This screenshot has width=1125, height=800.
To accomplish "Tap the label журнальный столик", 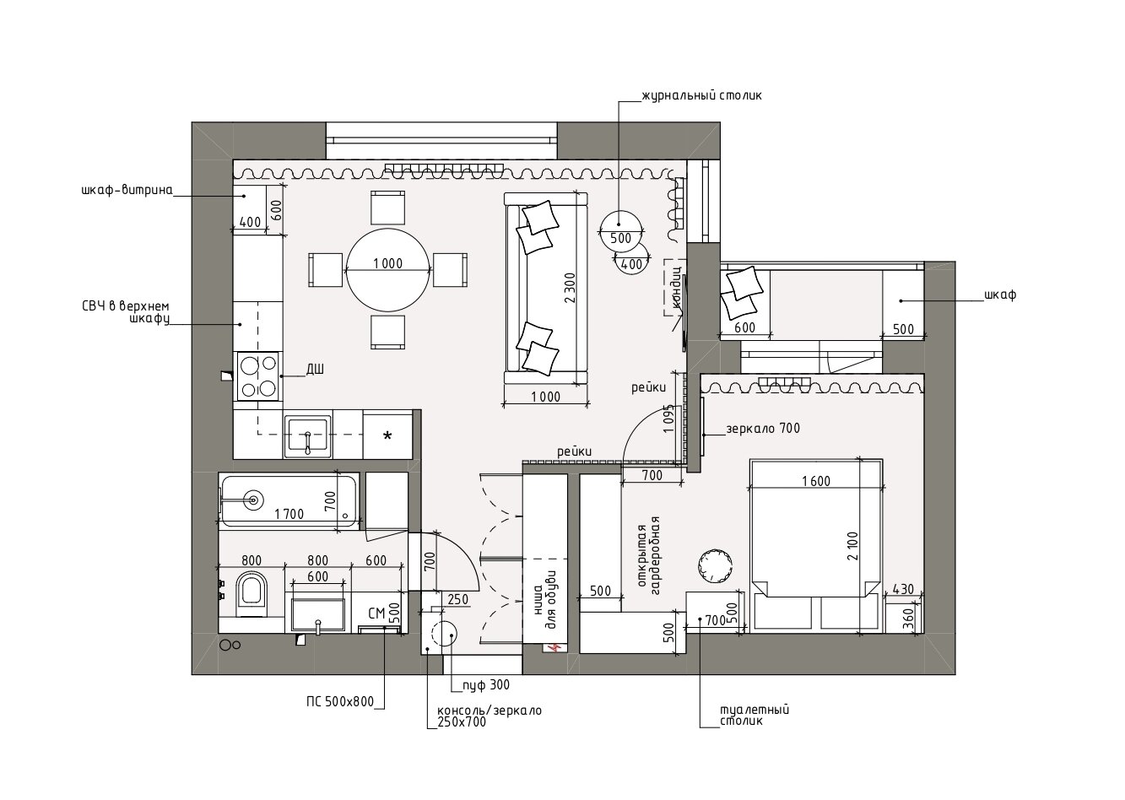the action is coord(701,95).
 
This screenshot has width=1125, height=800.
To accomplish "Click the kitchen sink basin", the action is coord(307,435).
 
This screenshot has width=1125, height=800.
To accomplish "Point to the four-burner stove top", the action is coord(257,376).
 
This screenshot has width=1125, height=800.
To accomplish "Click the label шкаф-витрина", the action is coord(127,191).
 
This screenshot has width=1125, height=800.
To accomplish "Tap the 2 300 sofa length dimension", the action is coord(570,289).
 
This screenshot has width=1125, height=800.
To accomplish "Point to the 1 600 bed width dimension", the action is coord(815,481).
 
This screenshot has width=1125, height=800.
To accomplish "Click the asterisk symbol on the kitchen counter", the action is coord(387,435).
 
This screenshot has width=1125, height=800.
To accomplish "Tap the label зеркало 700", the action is coord(763,429).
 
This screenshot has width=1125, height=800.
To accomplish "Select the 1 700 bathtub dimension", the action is coord(289,514).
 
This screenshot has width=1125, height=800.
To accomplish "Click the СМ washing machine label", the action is coord(376,614).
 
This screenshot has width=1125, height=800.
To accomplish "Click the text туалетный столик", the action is coord(755,716).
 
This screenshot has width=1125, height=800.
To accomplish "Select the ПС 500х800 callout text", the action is coord(340,701).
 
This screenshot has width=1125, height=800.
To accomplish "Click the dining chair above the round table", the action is coord(387,208).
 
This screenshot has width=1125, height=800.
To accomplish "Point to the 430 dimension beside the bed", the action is coord(903,589).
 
